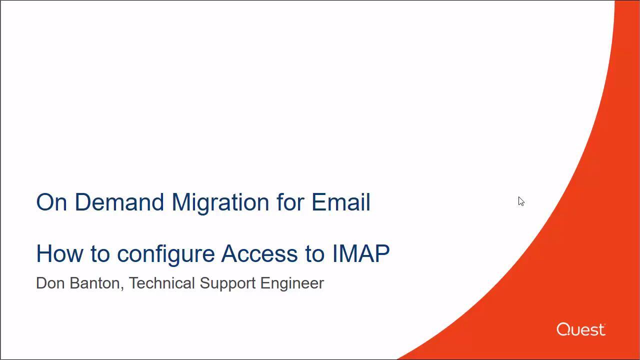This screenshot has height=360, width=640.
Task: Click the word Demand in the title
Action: click(x=119, y=202)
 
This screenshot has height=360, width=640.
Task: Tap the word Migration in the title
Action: click(x=220, y=203)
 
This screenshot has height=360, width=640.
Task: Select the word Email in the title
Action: click(x=341, y=202)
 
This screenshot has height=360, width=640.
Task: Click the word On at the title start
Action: click(x=51, y=202)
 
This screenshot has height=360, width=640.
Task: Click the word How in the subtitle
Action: click(x=59, y=253)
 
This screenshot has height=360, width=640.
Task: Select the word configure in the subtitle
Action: click(x=165, y=255)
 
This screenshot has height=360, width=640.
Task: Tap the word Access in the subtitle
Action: click(x=259, y=253)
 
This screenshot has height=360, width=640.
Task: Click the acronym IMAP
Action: click(x=361, y=253)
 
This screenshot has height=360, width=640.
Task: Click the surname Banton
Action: click(x=95, y=283)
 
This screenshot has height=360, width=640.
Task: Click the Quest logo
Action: click(x=581, y=329)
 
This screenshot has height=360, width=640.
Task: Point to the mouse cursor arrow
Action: click(x=521, y=201)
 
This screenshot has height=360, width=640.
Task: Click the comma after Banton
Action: click(x=122, y=288)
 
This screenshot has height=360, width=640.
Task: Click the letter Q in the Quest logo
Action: click(x=562, y=329)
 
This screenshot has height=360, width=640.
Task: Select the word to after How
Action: click(x=100, y=254)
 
